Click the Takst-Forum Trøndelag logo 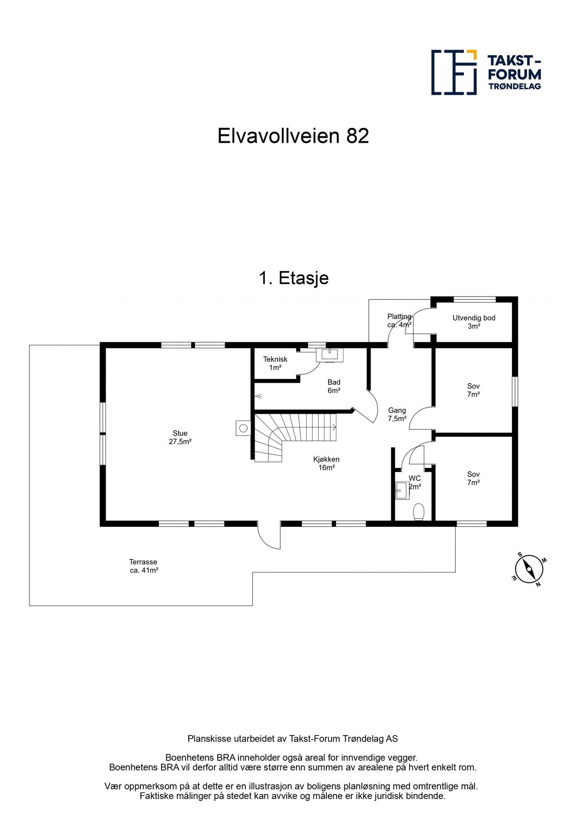point(486,72)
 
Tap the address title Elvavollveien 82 point(293,136)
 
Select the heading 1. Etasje point(293,278)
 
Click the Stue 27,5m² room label point(180,437)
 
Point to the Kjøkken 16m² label point(326,463)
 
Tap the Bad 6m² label point(334,386)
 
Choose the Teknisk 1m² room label point(275,363)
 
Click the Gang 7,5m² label point(397,414)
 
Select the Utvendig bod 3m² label point(474,322)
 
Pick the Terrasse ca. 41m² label point(143,566)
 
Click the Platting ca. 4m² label point(399,321)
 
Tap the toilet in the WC point(418,512)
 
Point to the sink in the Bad point(330,355)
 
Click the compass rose point(529,569)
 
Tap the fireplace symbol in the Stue point(243,428)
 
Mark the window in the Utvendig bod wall point(474,299)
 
